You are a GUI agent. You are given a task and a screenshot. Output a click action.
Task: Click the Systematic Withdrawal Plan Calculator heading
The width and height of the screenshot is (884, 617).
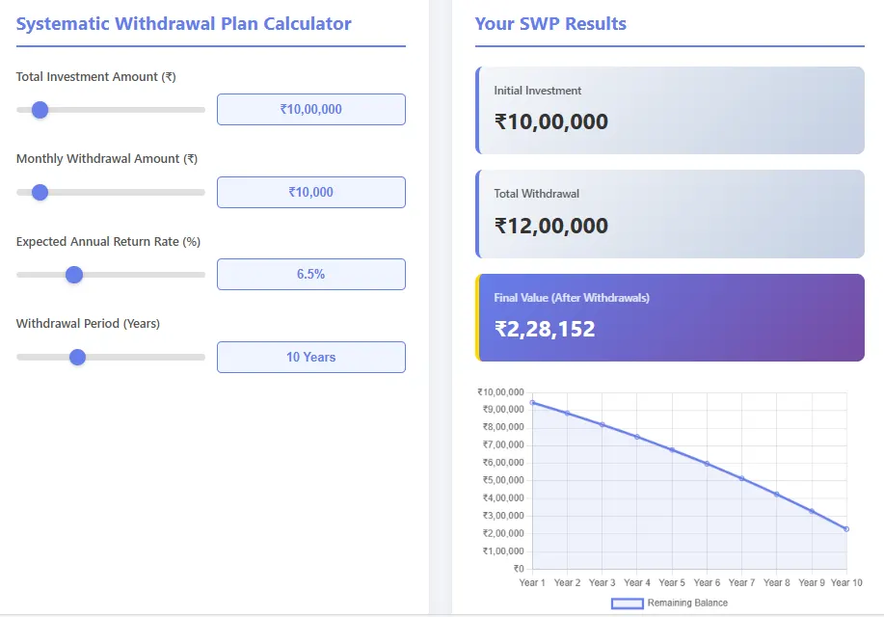(x=184, y=24)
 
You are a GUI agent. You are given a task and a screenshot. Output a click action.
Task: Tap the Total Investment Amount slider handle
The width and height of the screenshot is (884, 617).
(x=40, y=110)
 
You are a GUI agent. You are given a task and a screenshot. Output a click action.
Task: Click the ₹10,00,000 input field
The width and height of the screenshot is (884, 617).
(x=310, y=110)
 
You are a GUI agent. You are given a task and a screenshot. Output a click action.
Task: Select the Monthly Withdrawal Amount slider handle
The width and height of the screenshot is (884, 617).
(x=40, y=192)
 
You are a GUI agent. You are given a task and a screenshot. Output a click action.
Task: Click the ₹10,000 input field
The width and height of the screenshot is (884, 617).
(x=310, y=192)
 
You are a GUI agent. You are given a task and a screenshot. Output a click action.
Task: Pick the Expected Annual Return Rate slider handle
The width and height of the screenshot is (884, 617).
(x=74, y=275)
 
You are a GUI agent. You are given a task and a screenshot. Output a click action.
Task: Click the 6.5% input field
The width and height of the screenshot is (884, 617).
(x=310, y=275)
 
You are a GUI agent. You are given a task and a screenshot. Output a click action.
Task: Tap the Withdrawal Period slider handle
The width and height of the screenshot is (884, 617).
(x=78, y=357)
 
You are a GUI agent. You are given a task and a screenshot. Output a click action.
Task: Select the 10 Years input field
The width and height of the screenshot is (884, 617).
(x=310, y=357)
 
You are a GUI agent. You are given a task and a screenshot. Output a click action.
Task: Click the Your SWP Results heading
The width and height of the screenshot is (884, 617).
(x=550, y=24)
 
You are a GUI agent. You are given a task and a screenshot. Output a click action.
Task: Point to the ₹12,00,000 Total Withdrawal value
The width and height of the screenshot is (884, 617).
(x=551, y=227)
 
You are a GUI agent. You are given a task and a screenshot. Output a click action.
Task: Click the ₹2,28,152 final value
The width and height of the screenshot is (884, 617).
(x=545, y=330)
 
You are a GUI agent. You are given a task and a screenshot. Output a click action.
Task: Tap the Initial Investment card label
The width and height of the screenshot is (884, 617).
(x=538, y=91)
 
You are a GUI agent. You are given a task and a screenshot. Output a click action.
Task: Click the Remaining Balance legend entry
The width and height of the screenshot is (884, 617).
(x=670, y=603)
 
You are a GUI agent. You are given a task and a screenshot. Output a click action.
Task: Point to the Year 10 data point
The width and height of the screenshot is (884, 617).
(x=845, y=528)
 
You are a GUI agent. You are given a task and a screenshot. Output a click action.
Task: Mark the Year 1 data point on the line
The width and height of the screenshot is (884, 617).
(x=532, y=403)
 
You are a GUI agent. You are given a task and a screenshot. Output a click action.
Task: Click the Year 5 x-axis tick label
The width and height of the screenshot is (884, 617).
(x=672, y=582)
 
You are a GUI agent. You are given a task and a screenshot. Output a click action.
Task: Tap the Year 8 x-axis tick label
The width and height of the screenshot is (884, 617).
(x=776, y=582)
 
